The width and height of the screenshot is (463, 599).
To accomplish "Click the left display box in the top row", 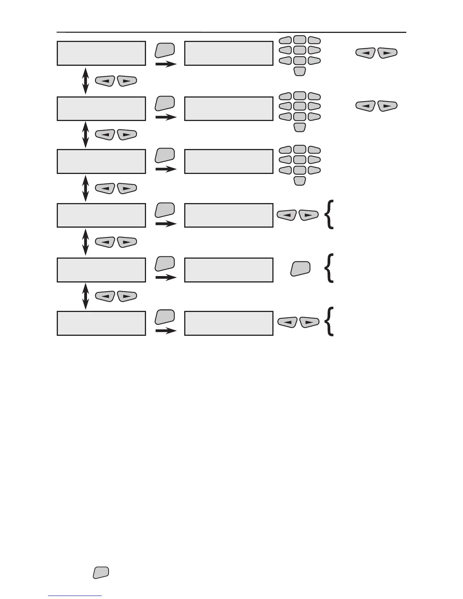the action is [101, 53].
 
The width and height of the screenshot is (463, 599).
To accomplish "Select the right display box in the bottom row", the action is [228, 323].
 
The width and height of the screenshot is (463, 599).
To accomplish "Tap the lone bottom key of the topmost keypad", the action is [300, 71].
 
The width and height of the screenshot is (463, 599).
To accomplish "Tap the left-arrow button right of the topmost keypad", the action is [365, 53].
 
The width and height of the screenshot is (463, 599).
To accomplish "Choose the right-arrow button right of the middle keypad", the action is [387, 106].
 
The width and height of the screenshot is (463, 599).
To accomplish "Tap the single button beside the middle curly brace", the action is [300, 268].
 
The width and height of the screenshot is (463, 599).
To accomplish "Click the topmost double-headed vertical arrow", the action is [85, 81].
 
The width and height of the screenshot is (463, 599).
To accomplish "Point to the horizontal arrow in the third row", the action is [166, 169].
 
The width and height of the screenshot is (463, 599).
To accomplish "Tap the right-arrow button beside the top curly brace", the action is [309, 215].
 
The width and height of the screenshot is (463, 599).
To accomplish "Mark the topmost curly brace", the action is [329, 214].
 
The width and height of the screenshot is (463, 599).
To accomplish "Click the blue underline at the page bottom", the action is [75, 596].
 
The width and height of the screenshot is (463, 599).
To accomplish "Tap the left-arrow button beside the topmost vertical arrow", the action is [105, 81].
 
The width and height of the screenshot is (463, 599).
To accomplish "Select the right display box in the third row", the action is [228, 161].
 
